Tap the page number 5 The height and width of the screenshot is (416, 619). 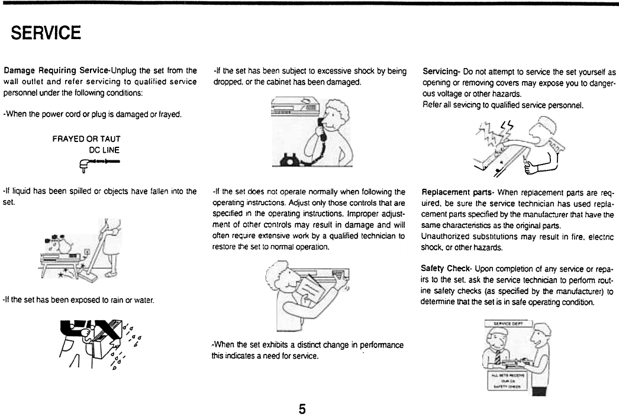(302, 408)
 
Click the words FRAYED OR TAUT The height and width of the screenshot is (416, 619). (86, 139)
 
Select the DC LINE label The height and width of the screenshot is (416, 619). (104, 150)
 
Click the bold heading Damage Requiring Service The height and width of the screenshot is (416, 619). (57, 71)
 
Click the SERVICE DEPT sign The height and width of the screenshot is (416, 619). (507, 324)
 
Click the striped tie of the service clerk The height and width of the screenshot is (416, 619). (498, 357)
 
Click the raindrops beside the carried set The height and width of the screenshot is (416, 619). (130, 343)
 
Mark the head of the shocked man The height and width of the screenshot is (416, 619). (541, 130)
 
